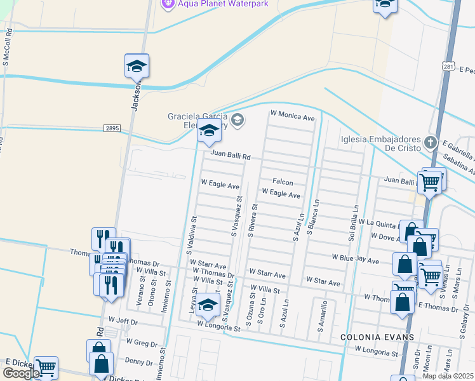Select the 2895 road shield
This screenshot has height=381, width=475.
coord(112,128)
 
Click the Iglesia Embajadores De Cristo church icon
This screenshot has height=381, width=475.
coord(431,142)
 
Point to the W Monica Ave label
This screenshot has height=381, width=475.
coord(292,117)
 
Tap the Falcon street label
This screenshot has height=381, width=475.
coord(283,182)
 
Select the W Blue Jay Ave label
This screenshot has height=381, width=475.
coord(356,260)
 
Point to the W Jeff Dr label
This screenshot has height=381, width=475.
coord(123,321)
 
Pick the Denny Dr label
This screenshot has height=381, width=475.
coord(138,361)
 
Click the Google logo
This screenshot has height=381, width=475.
coord(21,373)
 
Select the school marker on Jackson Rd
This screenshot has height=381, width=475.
coord(137,66)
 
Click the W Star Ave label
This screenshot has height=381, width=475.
coord(323,280)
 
